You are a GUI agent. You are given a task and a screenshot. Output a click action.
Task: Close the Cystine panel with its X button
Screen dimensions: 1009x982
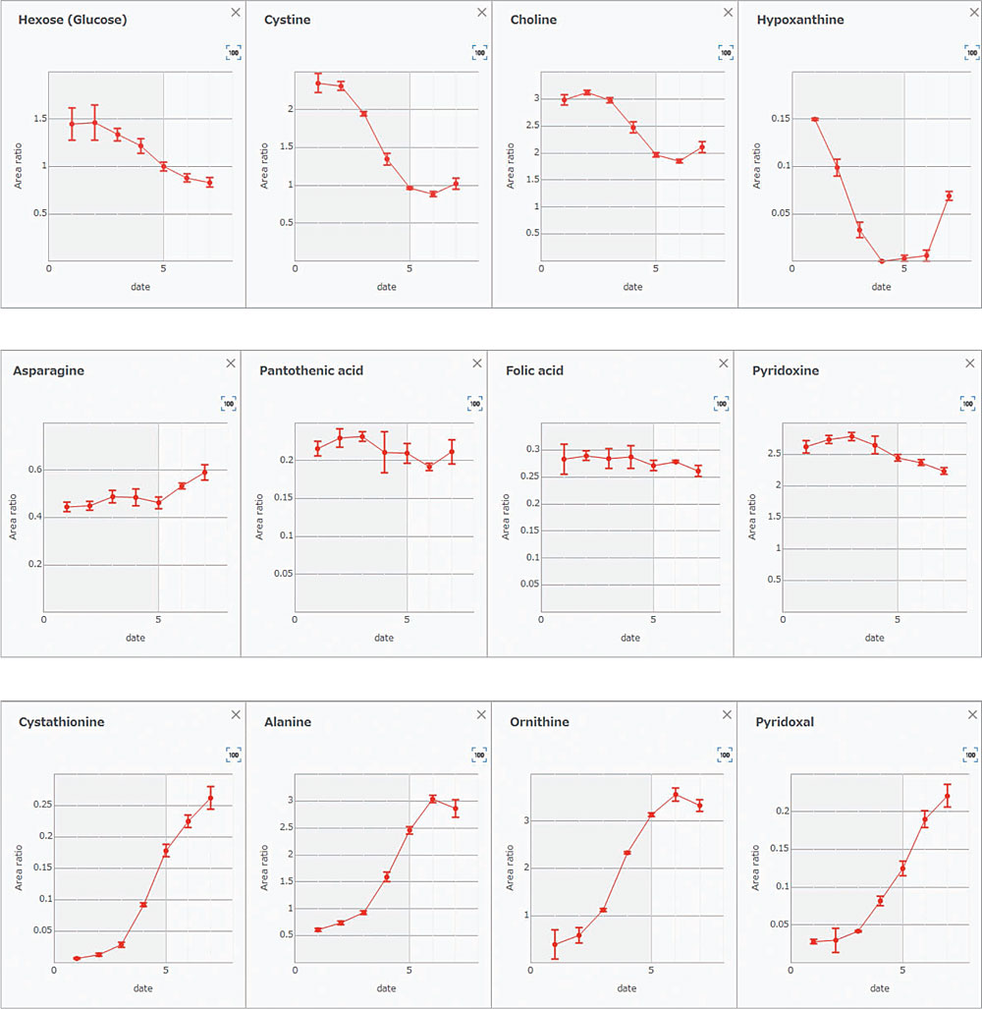pos(481,12)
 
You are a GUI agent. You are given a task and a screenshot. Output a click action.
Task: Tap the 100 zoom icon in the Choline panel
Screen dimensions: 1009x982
pos(726,52)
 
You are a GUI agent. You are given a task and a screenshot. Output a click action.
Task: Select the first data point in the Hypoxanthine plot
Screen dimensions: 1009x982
pos(814,119)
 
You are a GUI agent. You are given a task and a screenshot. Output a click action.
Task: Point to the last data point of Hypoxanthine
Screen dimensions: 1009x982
pos(950,196)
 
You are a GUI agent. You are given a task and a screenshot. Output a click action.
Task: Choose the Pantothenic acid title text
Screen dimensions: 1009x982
pos(311,370)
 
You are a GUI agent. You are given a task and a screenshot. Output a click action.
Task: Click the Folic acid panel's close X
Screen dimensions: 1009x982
pos(724,363)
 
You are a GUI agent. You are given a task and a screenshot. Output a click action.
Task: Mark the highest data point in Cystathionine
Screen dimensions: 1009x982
pos(210,798)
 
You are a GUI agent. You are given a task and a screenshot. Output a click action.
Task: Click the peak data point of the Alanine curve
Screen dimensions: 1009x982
pos(432,800)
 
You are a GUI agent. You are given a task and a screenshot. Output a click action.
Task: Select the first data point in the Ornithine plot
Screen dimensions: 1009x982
pos(555,944)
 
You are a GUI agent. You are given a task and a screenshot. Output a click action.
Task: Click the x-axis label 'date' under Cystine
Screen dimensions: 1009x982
pos(387,287)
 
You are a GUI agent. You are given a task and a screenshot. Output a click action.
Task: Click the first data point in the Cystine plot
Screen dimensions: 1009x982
pos(318,83)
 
